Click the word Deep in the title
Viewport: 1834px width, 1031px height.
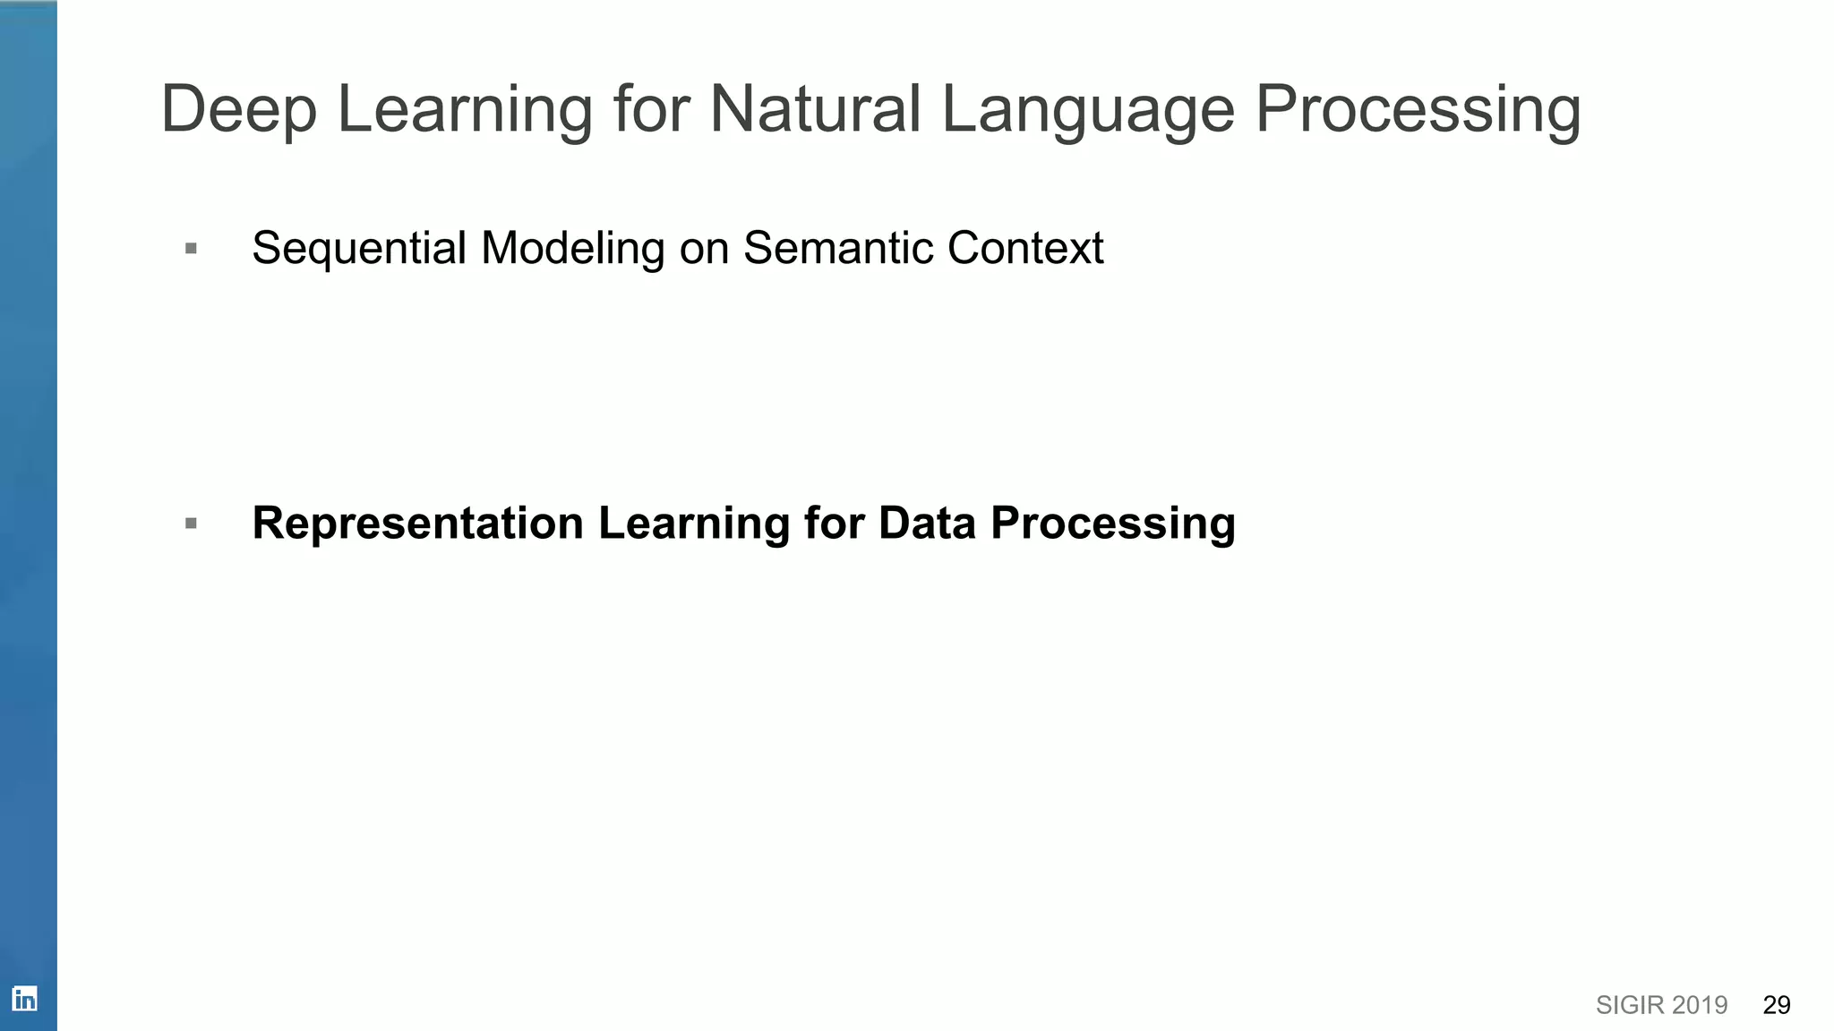[x=238, y=109]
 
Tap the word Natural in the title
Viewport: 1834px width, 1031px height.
[x=815, y=109]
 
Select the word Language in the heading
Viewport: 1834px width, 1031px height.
[x=1088, y=111]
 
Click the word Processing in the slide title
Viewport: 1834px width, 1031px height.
[x=1418, y=111]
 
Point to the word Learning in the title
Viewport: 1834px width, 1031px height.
[x=464, y=111]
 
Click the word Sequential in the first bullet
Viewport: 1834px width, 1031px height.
[x=359, y=248]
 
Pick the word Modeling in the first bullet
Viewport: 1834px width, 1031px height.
[x=572, y=248]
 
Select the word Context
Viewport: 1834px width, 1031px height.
[x=1025, y=248]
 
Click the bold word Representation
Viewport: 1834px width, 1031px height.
[x=417, y=523]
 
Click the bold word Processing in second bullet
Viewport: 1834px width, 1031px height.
[x=1113, y=524]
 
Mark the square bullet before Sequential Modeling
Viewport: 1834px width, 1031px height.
[x=191, y=249]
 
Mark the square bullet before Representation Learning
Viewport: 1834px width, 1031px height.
[x=191, y=524]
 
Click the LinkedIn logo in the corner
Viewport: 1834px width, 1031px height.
[x=24, y=999]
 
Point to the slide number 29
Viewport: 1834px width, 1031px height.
[x=1776, y=1005]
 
